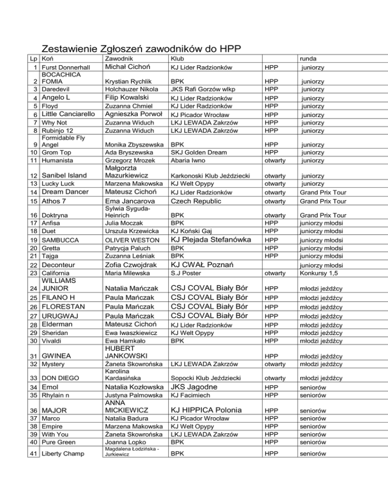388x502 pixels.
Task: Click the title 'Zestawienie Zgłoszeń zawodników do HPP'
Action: point(140,49)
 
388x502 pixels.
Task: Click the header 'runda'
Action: point(309,59)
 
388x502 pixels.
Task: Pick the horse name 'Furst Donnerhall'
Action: point(66,68)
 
